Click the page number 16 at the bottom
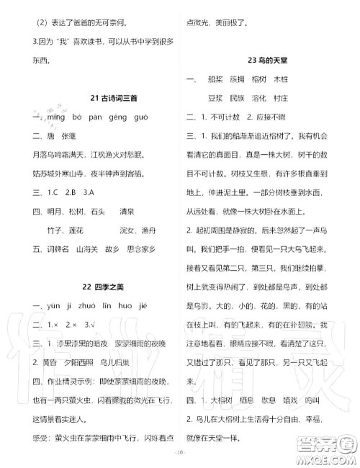(180, 453)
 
